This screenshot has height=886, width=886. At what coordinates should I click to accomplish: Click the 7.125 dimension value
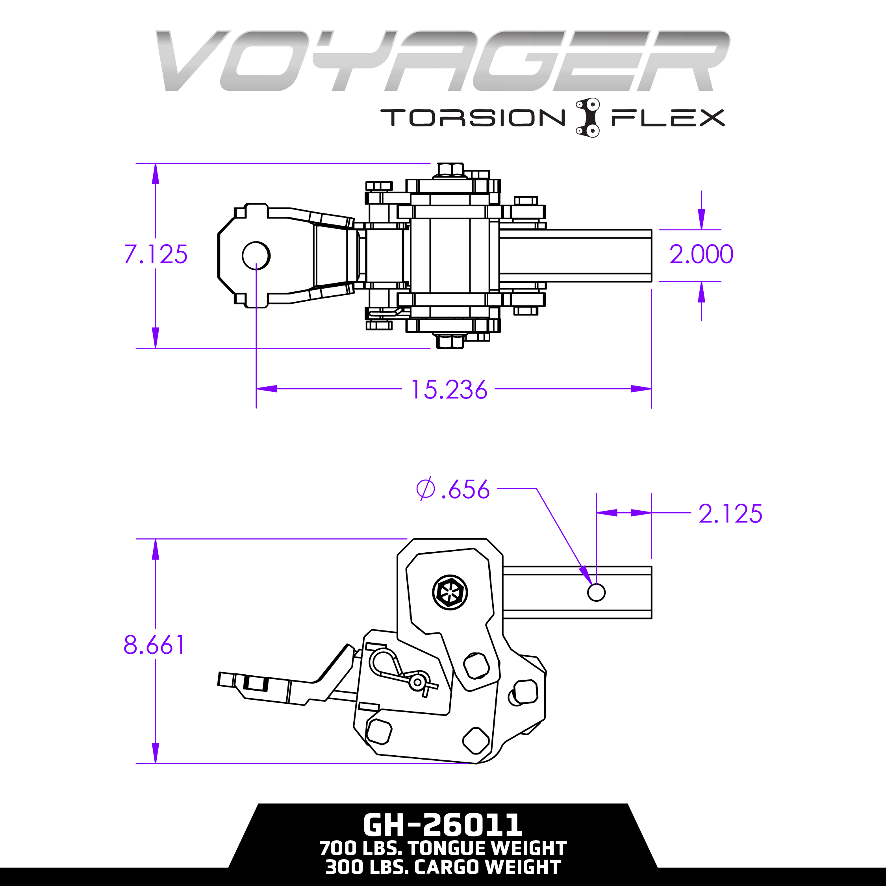tap(156, 254)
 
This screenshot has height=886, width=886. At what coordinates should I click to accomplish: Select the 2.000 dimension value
tap(701, 254)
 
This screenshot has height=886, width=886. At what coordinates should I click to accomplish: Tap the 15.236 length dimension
tap(449, 389)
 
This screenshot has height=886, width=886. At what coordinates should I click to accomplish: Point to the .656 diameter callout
tap(465, 489)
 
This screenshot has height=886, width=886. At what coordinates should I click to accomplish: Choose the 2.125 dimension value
tap(730, 513)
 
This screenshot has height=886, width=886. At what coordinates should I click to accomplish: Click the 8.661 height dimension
tap(154, 645)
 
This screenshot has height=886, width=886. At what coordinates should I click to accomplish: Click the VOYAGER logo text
tap(443, 61)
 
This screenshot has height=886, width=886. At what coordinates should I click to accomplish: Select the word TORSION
tap(473, 117)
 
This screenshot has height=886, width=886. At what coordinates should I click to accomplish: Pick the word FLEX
tap(668, 118)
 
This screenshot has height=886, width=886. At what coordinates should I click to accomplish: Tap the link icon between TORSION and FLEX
tap(588, 117)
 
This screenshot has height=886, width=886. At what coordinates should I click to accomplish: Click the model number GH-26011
tap(443, 825)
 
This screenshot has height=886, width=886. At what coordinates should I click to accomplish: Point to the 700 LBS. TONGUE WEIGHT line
tap(443, 849)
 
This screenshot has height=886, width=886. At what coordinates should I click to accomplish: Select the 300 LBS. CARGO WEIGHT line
tap(443, 867)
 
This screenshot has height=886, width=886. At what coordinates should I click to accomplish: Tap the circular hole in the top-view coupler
tap(256, 256)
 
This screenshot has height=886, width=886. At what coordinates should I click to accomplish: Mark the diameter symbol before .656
tap(425, 489)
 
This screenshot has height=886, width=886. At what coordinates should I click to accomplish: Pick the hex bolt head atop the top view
tap(450, 170)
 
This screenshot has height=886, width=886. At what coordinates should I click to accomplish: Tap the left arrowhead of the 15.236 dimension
tap(267, 389)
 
